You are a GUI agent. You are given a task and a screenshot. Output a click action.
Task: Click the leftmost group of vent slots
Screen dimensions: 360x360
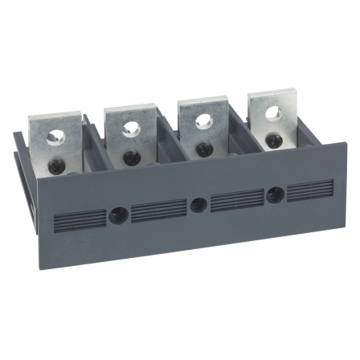(x=73, y=220)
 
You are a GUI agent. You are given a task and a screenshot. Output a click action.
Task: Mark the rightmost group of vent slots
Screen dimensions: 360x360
(x=310, y=188)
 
